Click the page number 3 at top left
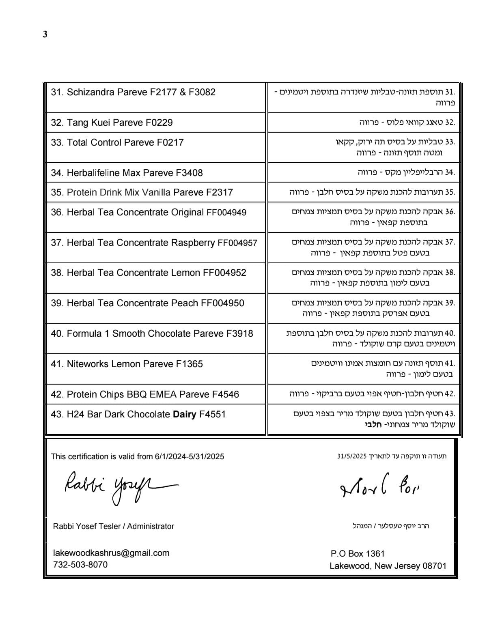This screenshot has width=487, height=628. point(45,34)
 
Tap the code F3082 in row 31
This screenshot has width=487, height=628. point(202,92)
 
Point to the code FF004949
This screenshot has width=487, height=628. point(226,213)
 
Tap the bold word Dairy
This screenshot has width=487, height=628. point(185,414)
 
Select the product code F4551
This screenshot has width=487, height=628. point(212,414)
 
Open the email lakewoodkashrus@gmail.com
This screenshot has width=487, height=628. point(111,553)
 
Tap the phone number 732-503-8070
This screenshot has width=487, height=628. point(80,564)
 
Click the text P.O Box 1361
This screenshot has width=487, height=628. point(358,554)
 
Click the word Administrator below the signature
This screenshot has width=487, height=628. point(151,526)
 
